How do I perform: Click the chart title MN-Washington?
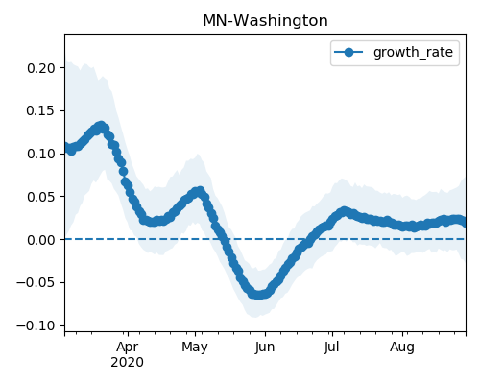pos(265,21)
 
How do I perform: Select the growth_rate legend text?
pos(413,52)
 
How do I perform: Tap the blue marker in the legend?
pos(348,52)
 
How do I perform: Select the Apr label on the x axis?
pos(128,348)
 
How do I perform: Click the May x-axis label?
pos(195,348)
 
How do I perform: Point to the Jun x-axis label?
pos(265,348)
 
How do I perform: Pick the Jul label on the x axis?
pos(331,348)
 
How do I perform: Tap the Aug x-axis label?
pos(402,348)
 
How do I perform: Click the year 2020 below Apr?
pos(128,363)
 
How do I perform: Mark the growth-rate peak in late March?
pos(101,126)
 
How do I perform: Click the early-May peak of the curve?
pos(200,191)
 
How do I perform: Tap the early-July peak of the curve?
pos(344,211)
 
